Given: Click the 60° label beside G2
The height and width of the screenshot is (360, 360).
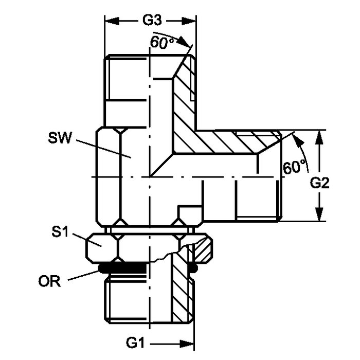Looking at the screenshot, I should tap(294, 167).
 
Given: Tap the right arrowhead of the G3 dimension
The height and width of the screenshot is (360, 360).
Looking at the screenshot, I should tap(190, 22).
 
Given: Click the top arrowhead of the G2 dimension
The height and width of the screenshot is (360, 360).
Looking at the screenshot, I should tap(319, 137).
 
